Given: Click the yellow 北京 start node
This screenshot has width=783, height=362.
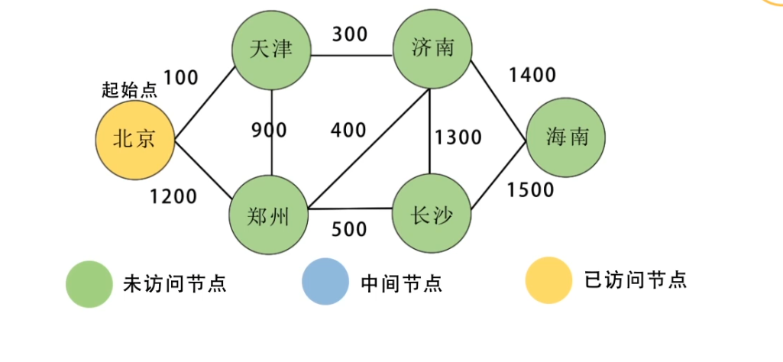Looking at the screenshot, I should click(x=135, y=141).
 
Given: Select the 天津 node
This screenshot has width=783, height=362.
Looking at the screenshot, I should click(x=272, y=50).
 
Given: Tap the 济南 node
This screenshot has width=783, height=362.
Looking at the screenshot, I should click(x=432, y=50).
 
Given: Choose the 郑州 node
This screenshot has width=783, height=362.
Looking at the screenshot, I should click(x=270, y=217).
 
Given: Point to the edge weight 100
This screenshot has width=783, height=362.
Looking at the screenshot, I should click(x=180, y=77).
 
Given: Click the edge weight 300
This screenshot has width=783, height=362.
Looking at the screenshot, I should click(x=349, y=34).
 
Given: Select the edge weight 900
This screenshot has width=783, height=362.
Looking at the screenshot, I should click(x=269, y=131).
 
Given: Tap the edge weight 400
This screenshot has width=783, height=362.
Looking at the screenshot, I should click(x=348, y=131).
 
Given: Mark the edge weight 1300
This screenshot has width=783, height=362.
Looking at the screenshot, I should click(x=458, y=137).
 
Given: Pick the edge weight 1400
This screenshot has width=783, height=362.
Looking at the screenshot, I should click(x=532, y=75).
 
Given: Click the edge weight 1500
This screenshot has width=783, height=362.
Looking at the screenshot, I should click(x=531, y=190).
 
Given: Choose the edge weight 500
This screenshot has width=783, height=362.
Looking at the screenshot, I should click(x=348, y=229).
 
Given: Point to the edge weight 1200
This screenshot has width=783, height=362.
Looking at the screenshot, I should click(x=173, y=197).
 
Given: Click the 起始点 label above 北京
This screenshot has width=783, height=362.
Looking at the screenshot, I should click(x=129, y=90).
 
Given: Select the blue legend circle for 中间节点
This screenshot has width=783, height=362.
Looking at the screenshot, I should click(x=325, y=283).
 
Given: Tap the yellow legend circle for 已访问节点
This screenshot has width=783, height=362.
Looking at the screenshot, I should click(x=548, y=280).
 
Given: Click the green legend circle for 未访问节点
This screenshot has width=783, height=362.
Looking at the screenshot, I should click(x=89, y=283).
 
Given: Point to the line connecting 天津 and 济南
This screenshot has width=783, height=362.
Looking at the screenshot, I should click(x=351, y=55).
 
